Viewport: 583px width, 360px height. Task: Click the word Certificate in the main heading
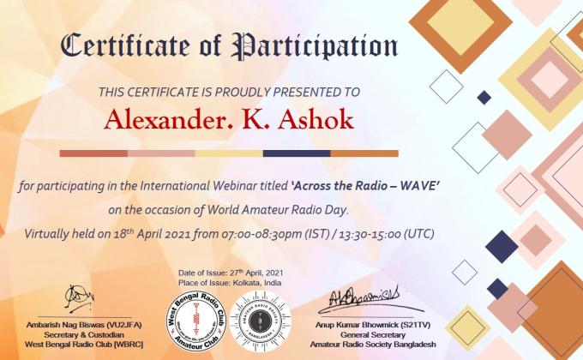(x=124, y=46)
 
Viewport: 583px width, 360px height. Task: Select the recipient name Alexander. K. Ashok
(x=228, y=120)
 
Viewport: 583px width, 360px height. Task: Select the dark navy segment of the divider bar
(x=297, y=153)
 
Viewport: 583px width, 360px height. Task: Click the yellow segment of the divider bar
(x=229, y=153)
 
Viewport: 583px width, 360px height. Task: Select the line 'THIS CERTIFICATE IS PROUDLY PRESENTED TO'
(x=229, y=92)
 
